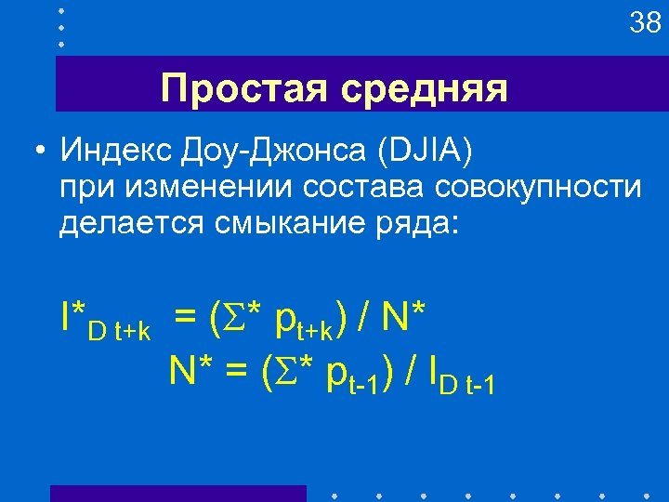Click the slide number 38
click(x=645, y=22)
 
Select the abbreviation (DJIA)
click(x=428, y=150)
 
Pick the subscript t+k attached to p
click(x=317, y=330)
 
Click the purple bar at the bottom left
click(x=177, y=493)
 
